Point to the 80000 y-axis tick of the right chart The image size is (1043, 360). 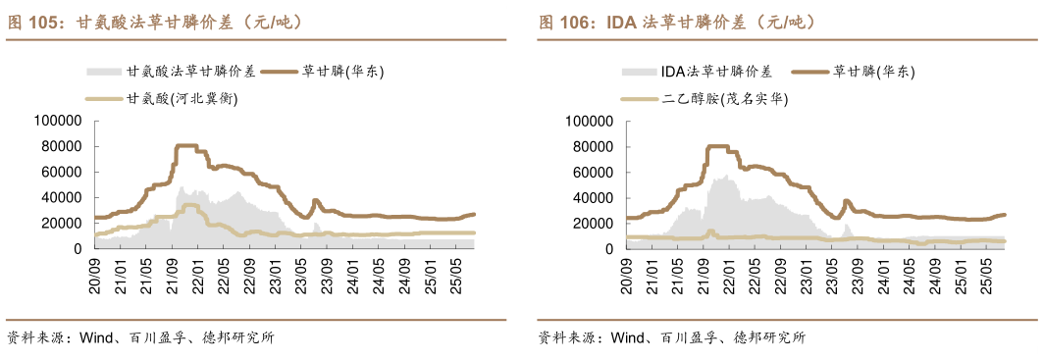tap(593, 146)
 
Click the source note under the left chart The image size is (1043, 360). tap(140, 338)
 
